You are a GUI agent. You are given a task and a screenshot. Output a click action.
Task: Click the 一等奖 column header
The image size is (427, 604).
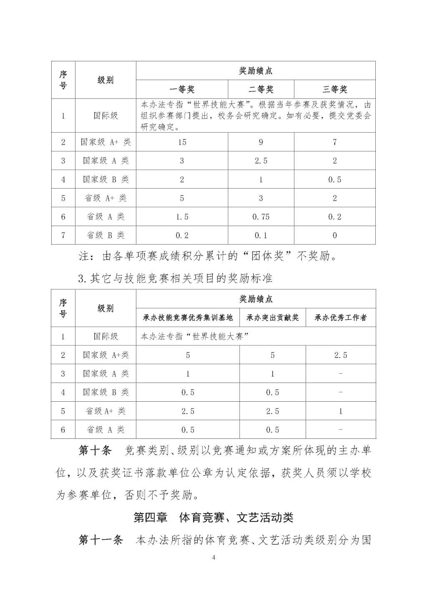182,89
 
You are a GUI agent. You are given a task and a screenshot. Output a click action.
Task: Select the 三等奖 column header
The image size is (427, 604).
334,89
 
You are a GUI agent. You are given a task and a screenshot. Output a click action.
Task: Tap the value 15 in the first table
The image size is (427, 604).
182,142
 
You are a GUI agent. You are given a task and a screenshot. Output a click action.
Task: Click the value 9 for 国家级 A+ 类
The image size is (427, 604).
261,142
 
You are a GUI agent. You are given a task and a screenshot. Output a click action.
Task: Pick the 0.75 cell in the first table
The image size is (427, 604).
261,216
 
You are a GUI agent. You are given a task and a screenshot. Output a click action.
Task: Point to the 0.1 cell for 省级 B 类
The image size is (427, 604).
261,235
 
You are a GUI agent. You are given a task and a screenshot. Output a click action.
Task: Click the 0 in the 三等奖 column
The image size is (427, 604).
334,235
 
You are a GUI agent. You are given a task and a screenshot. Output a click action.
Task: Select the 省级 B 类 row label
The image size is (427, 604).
105,235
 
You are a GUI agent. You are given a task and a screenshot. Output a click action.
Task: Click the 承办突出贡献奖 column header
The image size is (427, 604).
272,318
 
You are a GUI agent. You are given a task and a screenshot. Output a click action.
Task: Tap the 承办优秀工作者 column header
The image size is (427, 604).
341,318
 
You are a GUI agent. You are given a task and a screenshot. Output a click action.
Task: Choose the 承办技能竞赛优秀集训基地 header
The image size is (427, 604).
188,318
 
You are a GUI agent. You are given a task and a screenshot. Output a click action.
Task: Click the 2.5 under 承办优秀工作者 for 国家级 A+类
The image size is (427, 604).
341,355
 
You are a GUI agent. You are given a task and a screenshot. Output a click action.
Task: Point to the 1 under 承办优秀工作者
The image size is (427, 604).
341,411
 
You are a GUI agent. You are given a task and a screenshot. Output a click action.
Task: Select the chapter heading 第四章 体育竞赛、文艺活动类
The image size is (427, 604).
213,518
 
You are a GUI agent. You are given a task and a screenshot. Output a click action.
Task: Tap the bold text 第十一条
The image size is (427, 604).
101,540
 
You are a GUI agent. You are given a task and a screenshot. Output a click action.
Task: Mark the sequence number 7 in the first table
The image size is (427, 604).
63,235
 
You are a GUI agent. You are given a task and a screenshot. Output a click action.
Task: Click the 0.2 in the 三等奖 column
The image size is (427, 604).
334,216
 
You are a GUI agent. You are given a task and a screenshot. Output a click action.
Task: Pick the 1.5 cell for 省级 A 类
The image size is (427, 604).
182,216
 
